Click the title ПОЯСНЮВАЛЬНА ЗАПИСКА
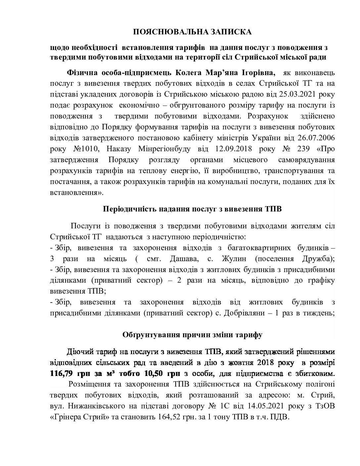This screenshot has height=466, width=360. click(192, 32)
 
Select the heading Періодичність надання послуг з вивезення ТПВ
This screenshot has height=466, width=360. click(192, 209)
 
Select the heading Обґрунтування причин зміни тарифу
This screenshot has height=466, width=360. click(192, 335)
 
